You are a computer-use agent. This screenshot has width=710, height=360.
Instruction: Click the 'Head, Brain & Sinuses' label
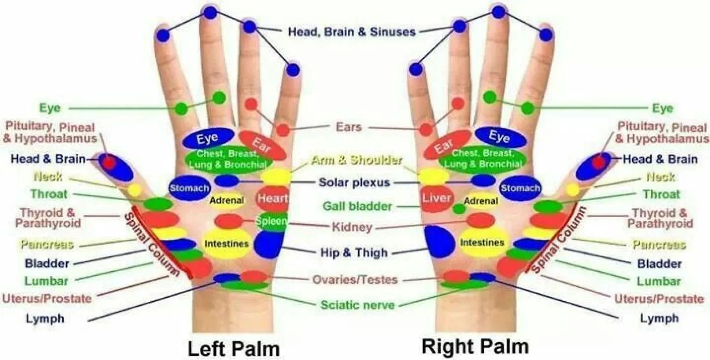click(351, 32)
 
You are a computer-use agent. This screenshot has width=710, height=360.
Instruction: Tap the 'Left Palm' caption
click(234, 349)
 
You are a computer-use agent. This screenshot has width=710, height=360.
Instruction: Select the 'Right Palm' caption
click(475, 347)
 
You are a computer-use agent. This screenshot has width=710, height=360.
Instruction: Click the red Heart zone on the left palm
click(272, 198)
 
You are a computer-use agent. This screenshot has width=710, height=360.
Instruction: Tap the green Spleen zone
click(272, 222)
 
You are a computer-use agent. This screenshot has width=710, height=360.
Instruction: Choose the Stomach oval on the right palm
click(520, 188)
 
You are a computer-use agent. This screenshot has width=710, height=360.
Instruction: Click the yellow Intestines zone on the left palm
click(226, 244)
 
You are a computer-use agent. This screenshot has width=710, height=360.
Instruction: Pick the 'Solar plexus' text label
click(354, 182)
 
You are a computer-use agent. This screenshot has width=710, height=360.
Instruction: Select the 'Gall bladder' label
click(357, 206)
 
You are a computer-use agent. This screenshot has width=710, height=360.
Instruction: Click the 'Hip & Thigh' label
click(354, 253)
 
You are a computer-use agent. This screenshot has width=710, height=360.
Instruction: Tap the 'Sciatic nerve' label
click(357, 305)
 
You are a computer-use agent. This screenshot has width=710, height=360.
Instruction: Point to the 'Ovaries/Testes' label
click(355, 280)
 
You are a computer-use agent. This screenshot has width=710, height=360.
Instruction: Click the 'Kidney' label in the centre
click(352, 227)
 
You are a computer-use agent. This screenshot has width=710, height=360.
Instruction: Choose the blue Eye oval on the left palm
click(208, 138)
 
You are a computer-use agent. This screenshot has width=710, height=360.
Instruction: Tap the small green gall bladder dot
click(459, 209)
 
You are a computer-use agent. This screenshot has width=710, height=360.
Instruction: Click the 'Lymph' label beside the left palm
click(45, 318)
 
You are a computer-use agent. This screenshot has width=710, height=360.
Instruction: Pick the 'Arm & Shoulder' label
click(356, 160)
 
